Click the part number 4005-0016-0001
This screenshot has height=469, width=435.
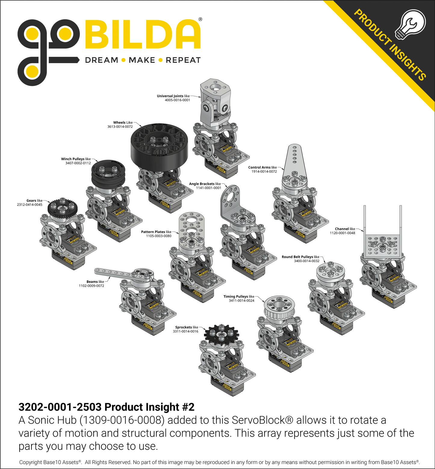point(177,100)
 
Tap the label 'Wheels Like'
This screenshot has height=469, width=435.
point(123,123)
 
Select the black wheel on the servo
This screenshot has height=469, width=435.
point(159,146)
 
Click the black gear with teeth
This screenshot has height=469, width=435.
point(63,208)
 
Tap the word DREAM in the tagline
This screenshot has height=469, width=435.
point(102,60)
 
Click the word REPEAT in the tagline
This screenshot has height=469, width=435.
point(183,60)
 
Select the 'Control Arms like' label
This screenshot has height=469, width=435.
point(263,167)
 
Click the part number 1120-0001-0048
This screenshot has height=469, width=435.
point(342,233)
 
